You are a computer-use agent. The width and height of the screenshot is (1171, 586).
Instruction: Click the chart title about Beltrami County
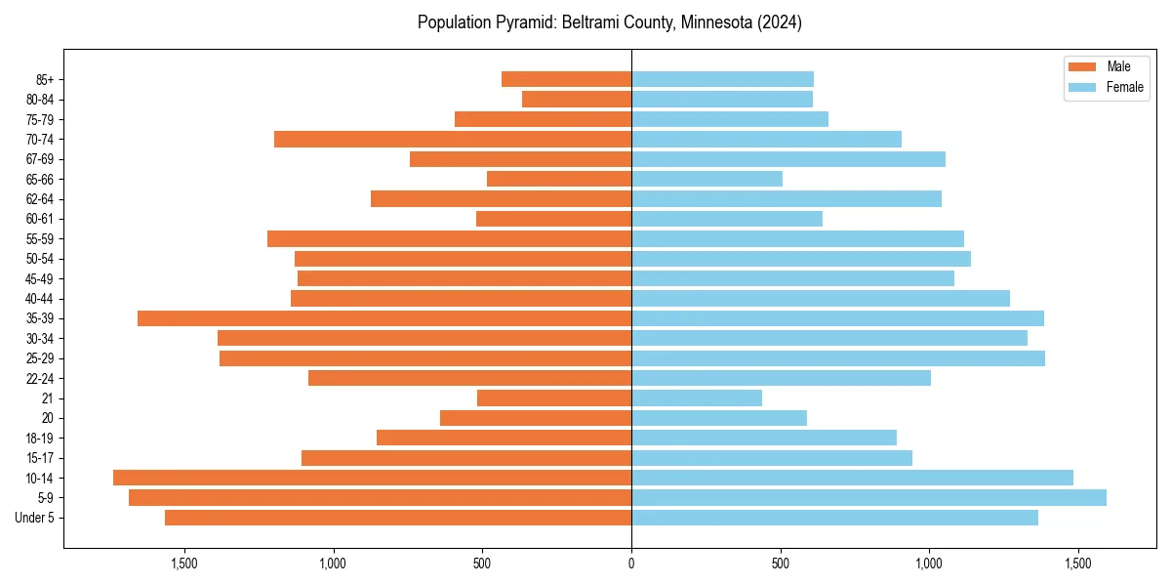point(609,22)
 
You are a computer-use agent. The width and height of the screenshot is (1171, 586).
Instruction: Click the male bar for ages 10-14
point(372,478)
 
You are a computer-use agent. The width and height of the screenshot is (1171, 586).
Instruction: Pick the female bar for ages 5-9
point(868,498)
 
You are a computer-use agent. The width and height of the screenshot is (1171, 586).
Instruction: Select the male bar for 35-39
point(384,318)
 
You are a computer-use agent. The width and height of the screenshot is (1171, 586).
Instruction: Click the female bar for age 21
point(697,398)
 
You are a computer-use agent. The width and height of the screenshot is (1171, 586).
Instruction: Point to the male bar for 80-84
point(577,99)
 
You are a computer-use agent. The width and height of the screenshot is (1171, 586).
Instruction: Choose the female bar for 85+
point(722,79)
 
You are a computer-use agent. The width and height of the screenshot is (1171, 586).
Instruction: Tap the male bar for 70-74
point(453,139)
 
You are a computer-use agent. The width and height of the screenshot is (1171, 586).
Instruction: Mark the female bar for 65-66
point(707,179)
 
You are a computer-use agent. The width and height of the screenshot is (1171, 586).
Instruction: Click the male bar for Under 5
point(398,518)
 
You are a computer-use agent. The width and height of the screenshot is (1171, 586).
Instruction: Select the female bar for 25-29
point(838,358)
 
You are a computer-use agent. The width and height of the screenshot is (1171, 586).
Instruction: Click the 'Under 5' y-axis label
point(34,518)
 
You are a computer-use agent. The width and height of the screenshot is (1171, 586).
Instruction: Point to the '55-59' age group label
point(40,238)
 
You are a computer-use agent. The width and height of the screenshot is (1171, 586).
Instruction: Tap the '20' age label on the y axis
point(47,418)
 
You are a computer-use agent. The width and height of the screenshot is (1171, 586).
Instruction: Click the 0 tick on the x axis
point(631,563)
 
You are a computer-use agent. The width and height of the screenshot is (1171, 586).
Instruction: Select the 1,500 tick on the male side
point(184,563)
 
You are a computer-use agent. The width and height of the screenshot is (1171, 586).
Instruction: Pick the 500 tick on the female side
point(780,563)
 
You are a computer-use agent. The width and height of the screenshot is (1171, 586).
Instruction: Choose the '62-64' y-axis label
point(40,198)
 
